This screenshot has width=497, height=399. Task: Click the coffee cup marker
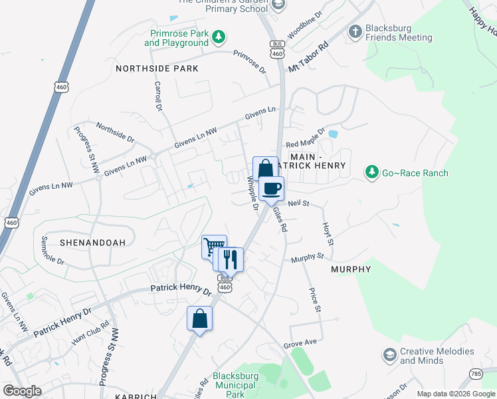(x=271, y=188)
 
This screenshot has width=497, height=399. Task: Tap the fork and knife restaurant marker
(x=231, y=259)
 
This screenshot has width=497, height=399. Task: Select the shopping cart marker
(x=214, y=247)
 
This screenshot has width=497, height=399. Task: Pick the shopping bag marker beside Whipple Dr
(x=265, y=168)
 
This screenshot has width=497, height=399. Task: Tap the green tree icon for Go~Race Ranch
(x=372, y=173)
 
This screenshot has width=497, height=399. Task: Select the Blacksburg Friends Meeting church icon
(x=355, y=31)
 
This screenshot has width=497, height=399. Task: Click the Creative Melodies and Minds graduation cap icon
(x=389, y=356)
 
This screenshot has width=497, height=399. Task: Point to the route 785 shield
(x=476, y=374)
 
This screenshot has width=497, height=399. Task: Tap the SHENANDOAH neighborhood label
(x=92, y=243)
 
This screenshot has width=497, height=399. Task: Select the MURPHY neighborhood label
(x=350, y=269)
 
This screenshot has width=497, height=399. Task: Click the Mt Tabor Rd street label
(x=308, y=59)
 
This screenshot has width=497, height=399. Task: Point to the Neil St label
(x=299, y=204)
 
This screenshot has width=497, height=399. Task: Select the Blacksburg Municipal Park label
(x=234, y=385)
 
